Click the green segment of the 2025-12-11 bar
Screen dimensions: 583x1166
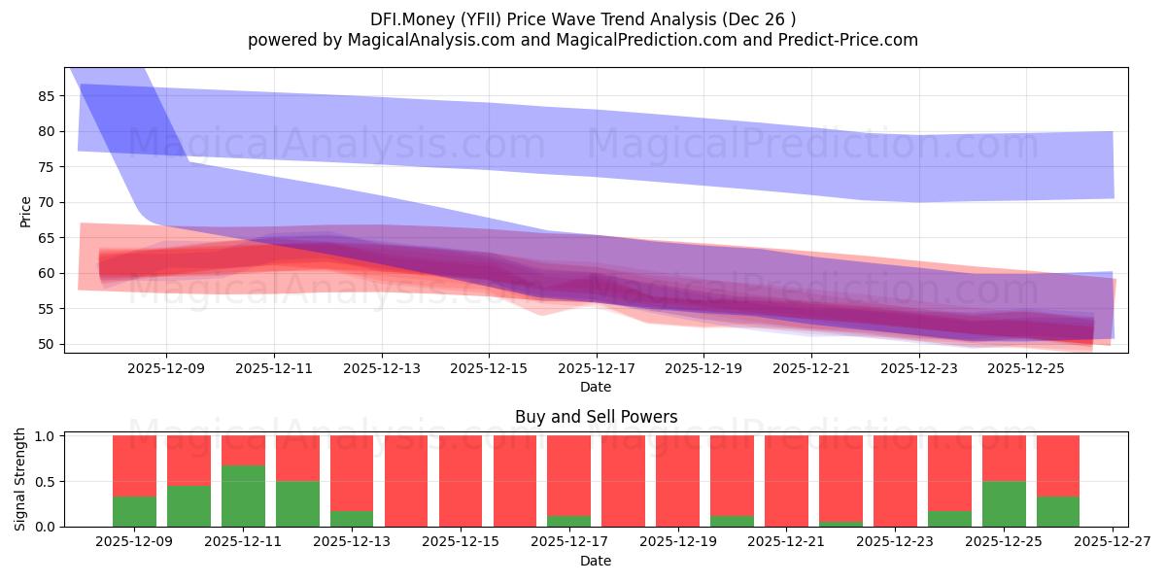243,496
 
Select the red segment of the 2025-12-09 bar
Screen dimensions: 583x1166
134,465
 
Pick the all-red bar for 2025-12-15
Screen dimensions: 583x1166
461,481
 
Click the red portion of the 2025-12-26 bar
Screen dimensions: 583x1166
1058,465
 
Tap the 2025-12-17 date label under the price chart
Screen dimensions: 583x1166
596,369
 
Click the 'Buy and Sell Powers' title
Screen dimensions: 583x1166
596,417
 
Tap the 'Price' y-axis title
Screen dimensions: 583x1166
25,211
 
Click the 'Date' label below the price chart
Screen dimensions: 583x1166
596,387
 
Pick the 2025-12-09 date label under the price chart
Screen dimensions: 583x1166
165,369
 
